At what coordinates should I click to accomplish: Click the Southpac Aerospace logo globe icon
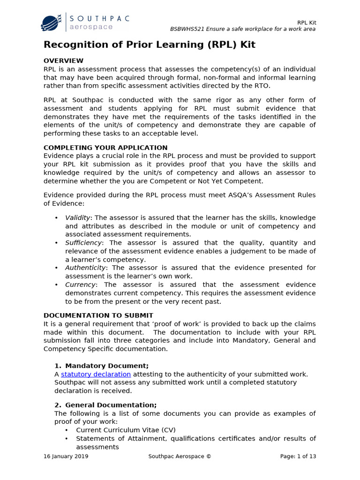pos(50,22)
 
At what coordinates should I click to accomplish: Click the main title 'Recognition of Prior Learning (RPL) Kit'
pos(150,45)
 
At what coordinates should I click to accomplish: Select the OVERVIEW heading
pos(63,60)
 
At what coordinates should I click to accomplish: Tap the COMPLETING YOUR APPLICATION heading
pos(105,148)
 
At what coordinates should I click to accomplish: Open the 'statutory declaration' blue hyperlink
pos(96,374)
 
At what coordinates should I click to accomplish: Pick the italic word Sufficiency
pos(83,243)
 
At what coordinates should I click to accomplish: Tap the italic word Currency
pos(80,285)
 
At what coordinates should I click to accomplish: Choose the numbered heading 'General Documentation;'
pos(111,405)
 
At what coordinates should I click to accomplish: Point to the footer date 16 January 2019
pos(66,456)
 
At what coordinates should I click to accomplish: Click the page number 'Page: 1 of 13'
pos(298,456)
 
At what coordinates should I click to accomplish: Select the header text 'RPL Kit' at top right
pos(307,22)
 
